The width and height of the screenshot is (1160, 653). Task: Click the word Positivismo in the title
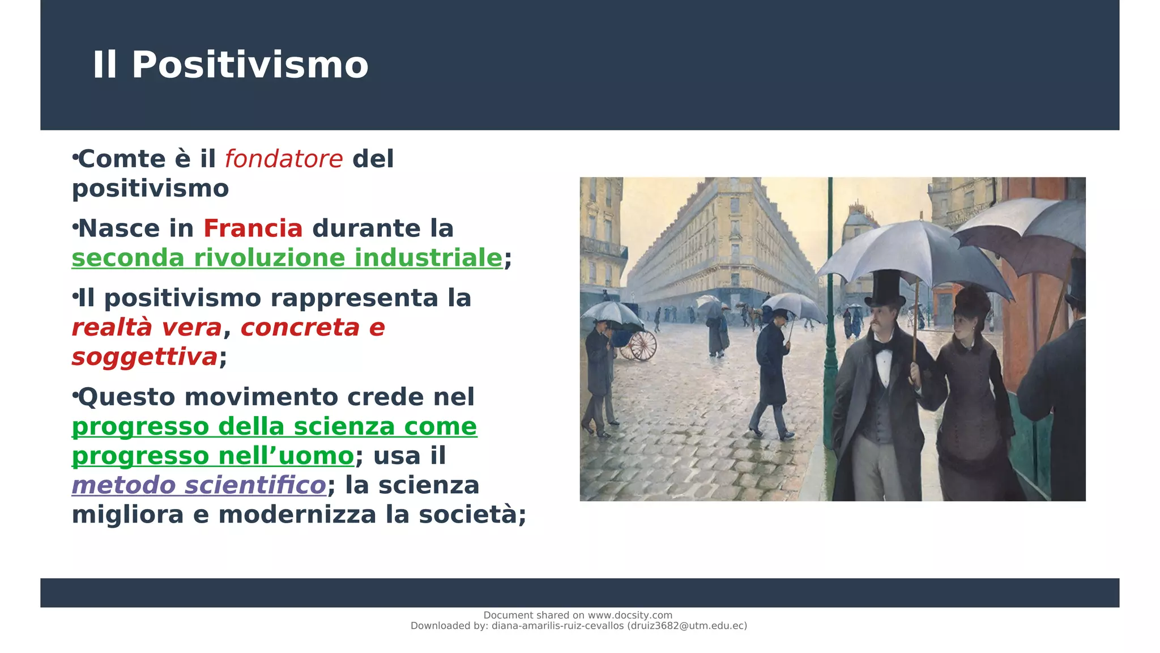[250, 65]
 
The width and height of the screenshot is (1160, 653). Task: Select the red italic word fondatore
[284, 159]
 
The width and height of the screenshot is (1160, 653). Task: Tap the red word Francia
[253, 229]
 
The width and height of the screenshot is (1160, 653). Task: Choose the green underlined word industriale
[428, 258]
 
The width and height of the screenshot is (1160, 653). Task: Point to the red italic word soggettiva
[144, 357]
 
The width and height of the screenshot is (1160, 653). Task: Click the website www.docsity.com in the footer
[630, 615]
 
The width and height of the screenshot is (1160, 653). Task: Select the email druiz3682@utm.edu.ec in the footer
[687, 626]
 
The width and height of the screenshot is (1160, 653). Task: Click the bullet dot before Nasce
[75, 227]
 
